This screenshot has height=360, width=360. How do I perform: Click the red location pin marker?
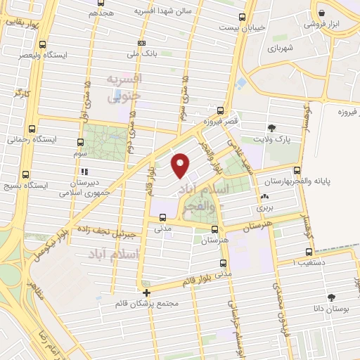pyautogui.click(x=181, y=165)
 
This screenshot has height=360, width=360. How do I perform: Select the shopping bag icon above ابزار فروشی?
pyautogui.click(x=321, y=13)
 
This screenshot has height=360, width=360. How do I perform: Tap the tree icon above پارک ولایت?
pyautogui.click(x=271, y=127)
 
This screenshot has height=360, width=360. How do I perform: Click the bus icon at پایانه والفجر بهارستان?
pyautogui.click(x=297, y=170)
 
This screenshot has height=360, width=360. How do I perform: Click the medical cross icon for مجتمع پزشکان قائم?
pyautogui.click(x=146, y=292)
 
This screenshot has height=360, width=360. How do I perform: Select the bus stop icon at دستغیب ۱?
pyautogui.click(x=309, y=252)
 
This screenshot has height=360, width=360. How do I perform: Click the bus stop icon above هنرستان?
pyautogui.click(x=214, y=229)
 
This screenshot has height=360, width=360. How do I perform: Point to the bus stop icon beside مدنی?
pyautogui.click(x=163, y=217)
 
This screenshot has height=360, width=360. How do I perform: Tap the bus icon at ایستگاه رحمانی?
pyautogui.click(x=31, y=129)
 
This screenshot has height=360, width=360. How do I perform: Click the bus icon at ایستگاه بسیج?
pyautogui.click(x=26, y=175)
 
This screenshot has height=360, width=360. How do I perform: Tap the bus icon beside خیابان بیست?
pyautogui.click(x=243, y=17)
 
